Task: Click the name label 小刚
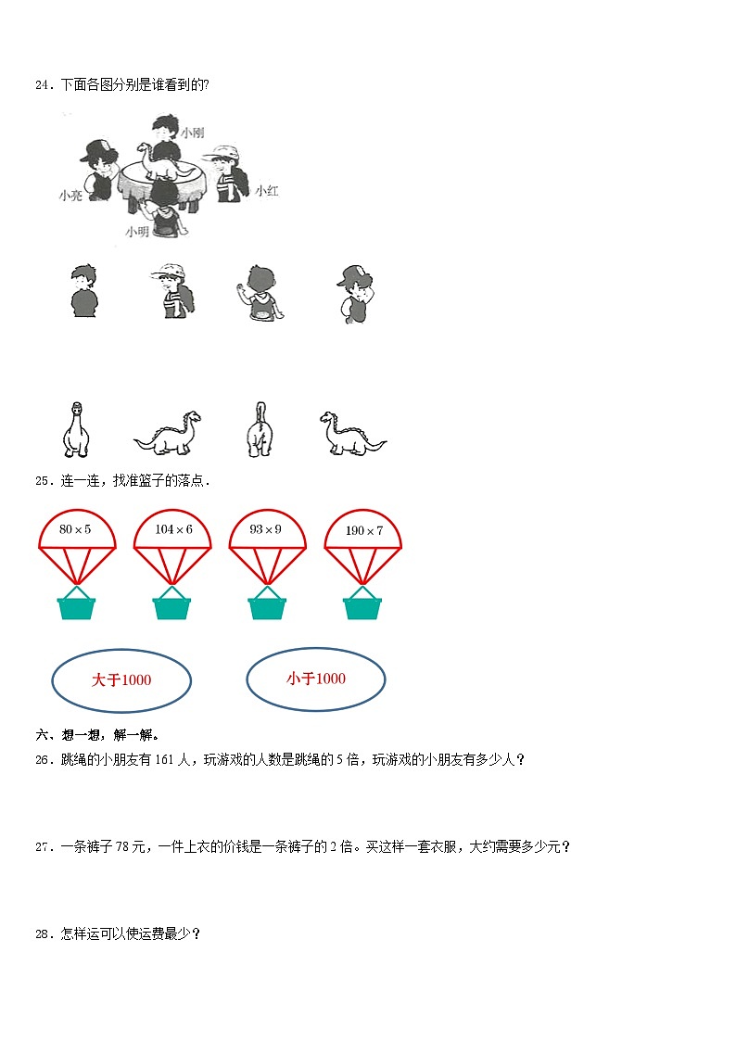[193, 133]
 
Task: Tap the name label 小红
[267, 191]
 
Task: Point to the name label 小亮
[70, 196]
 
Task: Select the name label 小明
[136, 232]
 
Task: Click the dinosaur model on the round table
[165, 162]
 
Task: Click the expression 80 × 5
[75, 529]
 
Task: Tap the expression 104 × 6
[174, 529]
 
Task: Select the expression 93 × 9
[265, 529]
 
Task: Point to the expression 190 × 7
[364, 530]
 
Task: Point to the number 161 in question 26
[164, 759]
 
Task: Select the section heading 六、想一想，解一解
[97, 735]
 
